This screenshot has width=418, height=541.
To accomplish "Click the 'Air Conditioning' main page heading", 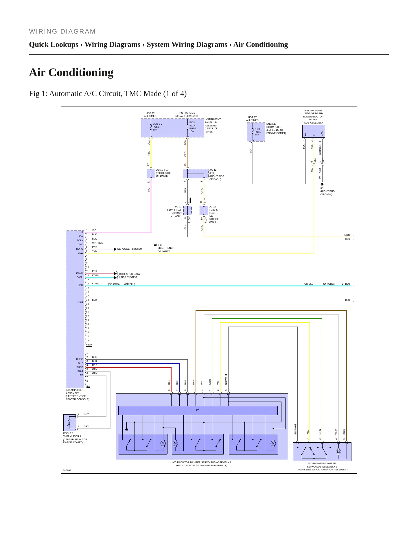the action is coord(71,72).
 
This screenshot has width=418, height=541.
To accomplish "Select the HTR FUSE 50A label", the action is coord(258,132).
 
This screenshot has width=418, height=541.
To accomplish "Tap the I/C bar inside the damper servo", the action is coord(198,410).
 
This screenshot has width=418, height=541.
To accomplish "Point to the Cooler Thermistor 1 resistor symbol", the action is coord(69,423).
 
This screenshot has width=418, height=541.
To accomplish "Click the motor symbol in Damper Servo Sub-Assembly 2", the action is coord(338,452).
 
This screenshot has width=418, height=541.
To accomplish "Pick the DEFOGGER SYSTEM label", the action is coord(130,249).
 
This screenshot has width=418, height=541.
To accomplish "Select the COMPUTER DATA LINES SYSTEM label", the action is coord(129,275).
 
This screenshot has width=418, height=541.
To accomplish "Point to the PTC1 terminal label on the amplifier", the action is coord(80,302).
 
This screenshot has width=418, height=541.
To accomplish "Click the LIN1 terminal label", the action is coord(80,285).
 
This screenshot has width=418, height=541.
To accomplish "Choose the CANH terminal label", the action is coord(80,273).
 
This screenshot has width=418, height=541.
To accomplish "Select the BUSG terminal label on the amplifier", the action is coord(80,359).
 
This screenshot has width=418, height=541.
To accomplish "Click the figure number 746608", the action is coord(67,470).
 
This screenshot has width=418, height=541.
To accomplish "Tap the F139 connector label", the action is coord(89,345).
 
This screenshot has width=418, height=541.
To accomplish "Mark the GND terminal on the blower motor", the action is coord(322,133).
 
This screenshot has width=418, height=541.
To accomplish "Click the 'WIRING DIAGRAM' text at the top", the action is coord(62,32).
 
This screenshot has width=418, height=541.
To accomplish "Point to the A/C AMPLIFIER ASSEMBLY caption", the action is coord(78,395).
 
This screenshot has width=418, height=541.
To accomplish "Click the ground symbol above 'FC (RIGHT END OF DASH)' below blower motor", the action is coord(322,184).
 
